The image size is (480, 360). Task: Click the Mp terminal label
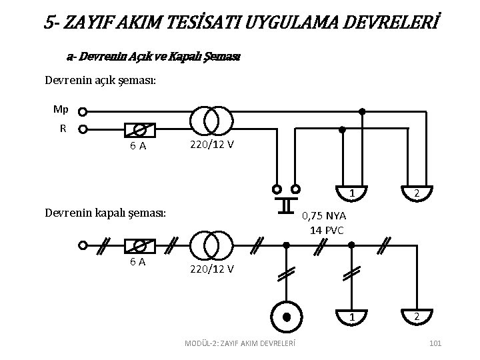coord(61,109)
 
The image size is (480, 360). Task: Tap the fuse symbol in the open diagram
coord(141,130)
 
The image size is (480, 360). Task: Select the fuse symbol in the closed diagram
coord(141,245)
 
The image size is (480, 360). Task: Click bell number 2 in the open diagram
coord(415,191)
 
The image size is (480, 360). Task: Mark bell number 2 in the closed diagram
coord(415,315)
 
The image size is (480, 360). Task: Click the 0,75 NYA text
coord(325,217)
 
